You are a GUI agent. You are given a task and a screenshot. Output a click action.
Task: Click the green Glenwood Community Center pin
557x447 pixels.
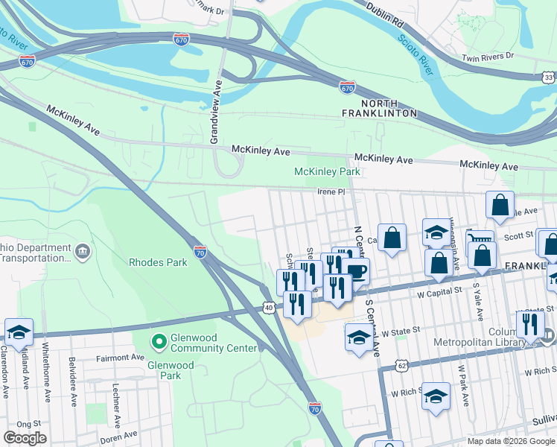pyautogui.click(x=158, y=342)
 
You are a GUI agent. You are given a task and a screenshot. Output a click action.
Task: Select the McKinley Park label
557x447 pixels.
pyautogui.click(x=327, y=171)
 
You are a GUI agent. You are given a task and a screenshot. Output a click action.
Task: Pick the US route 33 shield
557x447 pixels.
pyautogui.click(x=548, y=77)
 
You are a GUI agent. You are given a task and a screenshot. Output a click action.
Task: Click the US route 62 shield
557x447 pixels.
pyautogui.click(x=401, y=366)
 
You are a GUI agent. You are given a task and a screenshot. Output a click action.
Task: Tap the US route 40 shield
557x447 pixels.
pyautogui.click(x=268, y=307)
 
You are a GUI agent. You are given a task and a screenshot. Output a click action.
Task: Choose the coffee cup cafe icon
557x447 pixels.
pyautogui.click(x=356, y=271)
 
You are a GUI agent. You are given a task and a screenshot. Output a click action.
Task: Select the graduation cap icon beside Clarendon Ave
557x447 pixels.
pyautogui.click(x=19, y=332)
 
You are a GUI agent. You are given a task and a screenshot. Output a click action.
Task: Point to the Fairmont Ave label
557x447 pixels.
pyautogui.click(x=118, y=358)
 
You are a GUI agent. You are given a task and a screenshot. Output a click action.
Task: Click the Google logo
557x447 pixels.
pyautogui.click(x=25, y=438)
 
